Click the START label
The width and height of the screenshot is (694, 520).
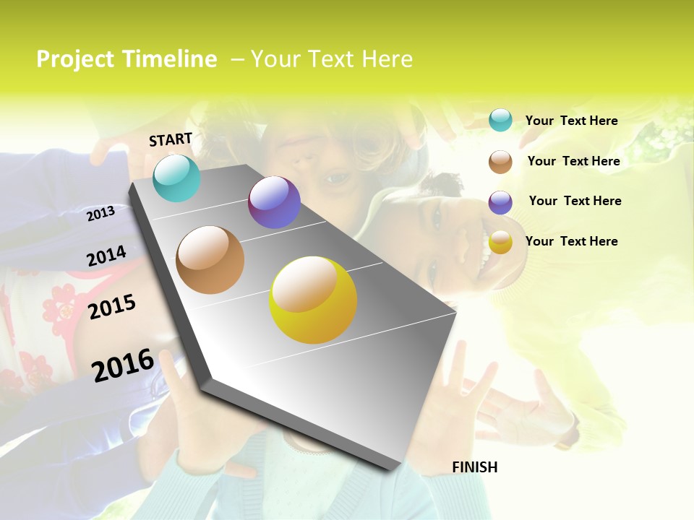tap(171, 139)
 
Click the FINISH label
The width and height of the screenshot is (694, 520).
tap(475, 467)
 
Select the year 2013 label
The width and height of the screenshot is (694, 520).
tap(101, 213)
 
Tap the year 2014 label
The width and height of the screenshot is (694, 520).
tap(106, 256)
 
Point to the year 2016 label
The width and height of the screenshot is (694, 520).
tap(123, 365)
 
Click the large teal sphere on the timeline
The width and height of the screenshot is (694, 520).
tap(176, 178)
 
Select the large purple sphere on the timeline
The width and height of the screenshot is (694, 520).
tap(274, 202)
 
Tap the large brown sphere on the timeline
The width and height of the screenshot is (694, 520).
tap(210, 259)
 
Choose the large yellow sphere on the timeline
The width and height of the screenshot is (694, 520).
tap(313, 300)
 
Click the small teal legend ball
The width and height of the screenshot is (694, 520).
tap(500, 120)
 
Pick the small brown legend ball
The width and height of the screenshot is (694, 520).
tap(500, 162)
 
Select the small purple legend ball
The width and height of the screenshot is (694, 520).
tap(500, 202)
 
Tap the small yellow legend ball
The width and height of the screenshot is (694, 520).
tap(500, 243)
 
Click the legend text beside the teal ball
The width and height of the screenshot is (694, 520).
tap(571, 121)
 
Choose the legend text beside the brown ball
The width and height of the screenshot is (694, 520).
tap(573, 161)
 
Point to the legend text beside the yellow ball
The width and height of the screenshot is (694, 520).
tap(571, 241)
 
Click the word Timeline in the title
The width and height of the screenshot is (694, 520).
tap(171, 59)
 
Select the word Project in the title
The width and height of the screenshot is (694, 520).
tap(74, 59)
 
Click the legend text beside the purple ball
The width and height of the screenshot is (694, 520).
tap(575, 201)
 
